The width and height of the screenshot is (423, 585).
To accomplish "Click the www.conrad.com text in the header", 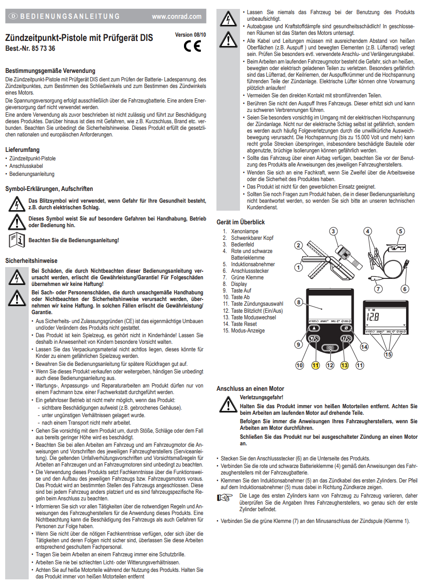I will pos(176,16).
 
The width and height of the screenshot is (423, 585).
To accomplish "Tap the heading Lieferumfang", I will pos(23,149).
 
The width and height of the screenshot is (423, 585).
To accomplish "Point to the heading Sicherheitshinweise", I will pos(31,260).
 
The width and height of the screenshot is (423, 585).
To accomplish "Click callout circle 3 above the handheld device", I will pos(333,231).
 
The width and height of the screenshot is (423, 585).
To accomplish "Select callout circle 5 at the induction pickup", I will pos(400,231).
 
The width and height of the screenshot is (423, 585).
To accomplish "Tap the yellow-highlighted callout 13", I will pos(344,365).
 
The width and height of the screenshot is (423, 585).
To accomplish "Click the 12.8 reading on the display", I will pos(373,317).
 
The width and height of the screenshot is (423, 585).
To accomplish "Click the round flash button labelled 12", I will pos(330,348).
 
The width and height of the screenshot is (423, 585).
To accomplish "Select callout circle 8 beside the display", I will pos(298,302).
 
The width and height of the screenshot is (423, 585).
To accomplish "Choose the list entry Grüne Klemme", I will pos(247,277).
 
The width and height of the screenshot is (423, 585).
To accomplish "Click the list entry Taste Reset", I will pos(244,324).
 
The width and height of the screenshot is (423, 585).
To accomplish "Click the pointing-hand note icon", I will pos(228,498).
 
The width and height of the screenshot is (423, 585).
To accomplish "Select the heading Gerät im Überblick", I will pos(240,221).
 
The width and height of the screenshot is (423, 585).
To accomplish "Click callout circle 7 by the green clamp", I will pos(378,289).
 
